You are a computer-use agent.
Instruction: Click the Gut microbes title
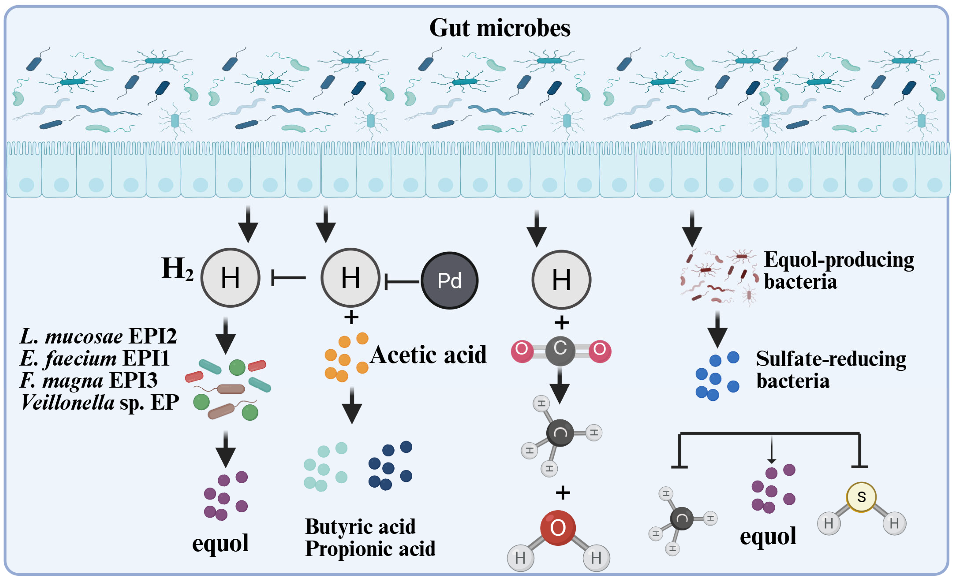click(499, 28)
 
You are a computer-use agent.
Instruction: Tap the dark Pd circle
click(449, 280)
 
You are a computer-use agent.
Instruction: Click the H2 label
click(177, 269)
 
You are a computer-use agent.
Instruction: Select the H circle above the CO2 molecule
click(561, 279)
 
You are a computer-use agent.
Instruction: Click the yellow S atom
click(861, 497)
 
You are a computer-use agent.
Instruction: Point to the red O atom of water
click(558, 528)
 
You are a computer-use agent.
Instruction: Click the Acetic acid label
click(428, 355)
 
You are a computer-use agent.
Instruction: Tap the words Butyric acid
click(360, 526)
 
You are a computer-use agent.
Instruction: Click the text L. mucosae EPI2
click(98, 336)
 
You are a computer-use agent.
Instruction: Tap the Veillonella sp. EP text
click(100, 403)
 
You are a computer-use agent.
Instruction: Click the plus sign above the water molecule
click(563, 493)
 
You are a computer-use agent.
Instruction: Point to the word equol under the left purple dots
click(220, 543)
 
